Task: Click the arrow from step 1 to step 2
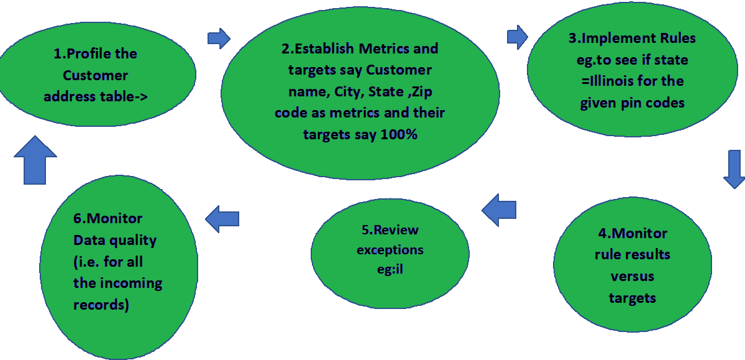pos(219,39)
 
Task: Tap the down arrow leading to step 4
pos(734,168)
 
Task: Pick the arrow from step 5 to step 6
pos(222,217)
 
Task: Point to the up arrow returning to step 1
pos(35,160)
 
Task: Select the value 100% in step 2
pos(397,134)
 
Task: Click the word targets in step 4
pos(632,298)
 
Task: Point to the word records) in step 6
pos(101,305)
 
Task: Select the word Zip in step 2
pos(423,91)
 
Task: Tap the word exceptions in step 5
pos(390,250)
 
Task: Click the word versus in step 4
pos(632,276)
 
